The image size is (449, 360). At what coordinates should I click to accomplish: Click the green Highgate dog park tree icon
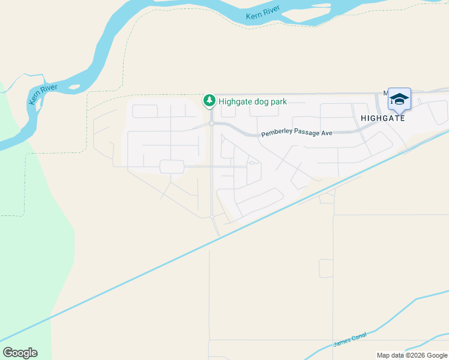(209, 101)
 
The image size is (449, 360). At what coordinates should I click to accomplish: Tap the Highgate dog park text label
(253, 101)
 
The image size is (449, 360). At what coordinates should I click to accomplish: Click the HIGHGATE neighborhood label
(382, 118)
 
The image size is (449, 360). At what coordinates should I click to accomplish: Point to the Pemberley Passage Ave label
(297, 133)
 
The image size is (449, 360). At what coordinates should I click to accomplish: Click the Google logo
(20, 353)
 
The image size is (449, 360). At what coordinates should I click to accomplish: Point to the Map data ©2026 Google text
(412, 355)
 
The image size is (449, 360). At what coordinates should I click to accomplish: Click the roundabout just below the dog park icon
(212, 124)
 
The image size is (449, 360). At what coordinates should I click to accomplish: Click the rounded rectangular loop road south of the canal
(326, 268)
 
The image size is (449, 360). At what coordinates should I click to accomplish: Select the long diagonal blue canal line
(180, 258)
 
